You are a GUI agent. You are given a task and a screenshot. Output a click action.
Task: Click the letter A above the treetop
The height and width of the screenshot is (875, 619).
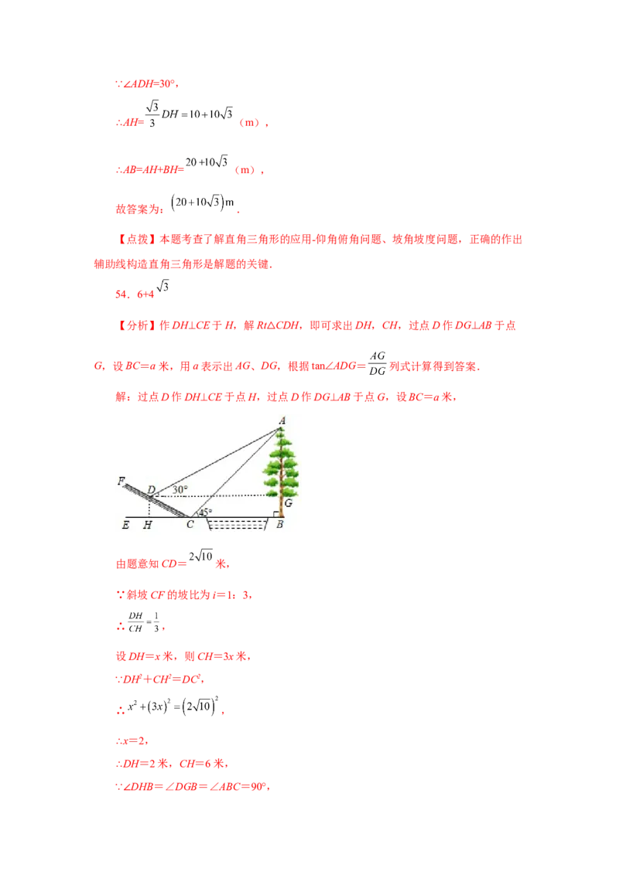coord(282,420)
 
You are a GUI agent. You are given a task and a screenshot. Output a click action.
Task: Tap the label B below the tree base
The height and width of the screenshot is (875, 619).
coord(279,525)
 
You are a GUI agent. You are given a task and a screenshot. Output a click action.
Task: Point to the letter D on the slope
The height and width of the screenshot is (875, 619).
coord(152,489)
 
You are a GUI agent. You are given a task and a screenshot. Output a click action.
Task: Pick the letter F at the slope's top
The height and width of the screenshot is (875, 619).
coord(121,480)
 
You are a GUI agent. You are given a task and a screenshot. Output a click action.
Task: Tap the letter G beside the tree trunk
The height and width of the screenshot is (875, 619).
coord(288,502)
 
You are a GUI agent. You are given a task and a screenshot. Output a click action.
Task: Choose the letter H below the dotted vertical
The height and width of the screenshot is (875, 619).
coord(147,525)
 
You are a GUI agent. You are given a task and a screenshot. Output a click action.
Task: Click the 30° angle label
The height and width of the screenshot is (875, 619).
coord(180,489)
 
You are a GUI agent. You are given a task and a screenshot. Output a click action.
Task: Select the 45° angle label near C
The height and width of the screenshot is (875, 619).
coord(205,512)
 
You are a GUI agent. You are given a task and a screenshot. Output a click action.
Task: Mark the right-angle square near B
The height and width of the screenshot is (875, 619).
coord(275,513)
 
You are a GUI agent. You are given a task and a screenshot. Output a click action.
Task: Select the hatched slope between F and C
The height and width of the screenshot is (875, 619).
coord(159,500)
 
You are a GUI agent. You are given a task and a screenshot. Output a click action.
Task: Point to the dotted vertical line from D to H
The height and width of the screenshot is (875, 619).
coord(149,508)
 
